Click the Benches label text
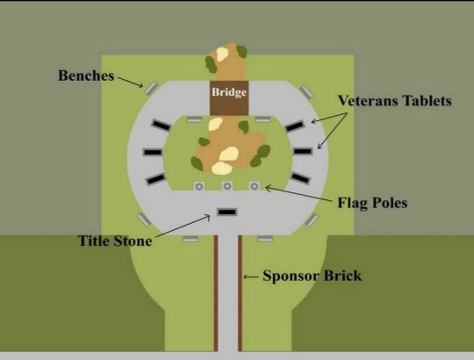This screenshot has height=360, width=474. [x=86, y=76]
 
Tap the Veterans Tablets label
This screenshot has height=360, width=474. [x=395, y=101]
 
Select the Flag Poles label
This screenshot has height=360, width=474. [x=372, y=203]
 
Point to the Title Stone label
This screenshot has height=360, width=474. [x=115, y=241]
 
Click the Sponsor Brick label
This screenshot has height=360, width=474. [x=312, y=276]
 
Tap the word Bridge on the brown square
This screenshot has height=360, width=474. [x=229, y=92]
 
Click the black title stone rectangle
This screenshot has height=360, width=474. [x=227, y=212]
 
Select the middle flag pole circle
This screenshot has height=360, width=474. [x=227, y=186]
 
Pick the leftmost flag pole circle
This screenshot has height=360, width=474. [x=199, y=186]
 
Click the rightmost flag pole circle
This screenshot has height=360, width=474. [x=255, y=186]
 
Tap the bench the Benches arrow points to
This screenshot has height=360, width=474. [x=151, y=89]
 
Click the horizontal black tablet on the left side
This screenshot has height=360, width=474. [x=153, y=152]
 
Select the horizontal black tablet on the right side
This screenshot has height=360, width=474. [x=303, y=151]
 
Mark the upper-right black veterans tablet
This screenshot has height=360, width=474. [x=294, y=126]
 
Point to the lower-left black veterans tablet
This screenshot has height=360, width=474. [x=156, y=178]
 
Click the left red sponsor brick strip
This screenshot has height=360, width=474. [x=216, y=293]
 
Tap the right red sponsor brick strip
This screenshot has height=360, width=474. [x=240, y=293]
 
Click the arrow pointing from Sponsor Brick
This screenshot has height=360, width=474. [x=251, y=277]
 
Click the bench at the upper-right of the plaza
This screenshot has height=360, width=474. [x=306, y=91]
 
